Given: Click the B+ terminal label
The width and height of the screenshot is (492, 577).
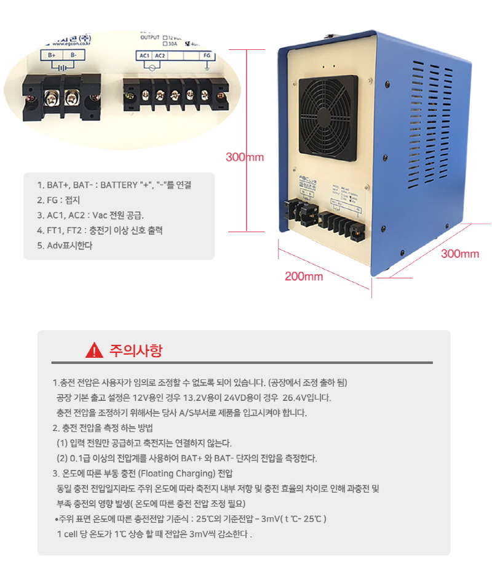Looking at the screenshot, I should pyautogui.click(x=53, y=55).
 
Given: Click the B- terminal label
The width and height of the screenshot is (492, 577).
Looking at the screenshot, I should pyautogui.click(x=74, y=55).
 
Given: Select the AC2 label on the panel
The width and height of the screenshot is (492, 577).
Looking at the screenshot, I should pyautogui.click(x=160, y=55).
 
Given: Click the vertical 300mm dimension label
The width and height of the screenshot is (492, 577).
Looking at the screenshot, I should pyautogui.click(x=244, y=157).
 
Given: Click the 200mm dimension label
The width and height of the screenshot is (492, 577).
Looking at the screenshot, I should pyautogui.click(x=303, y=276).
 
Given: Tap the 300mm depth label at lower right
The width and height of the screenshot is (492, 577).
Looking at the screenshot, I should pyautogui.click(x=459, y=254).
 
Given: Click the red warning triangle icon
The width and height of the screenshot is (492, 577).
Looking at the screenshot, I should pyautogui.click(x=94, y=351).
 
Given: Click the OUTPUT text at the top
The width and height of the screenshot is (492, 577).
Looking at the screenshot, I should pyautogui.click(x=150, y=36).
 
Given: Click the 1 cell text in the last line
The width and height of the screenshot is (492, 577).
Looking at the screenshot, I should pyautogui.click(x=69, y=533).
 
